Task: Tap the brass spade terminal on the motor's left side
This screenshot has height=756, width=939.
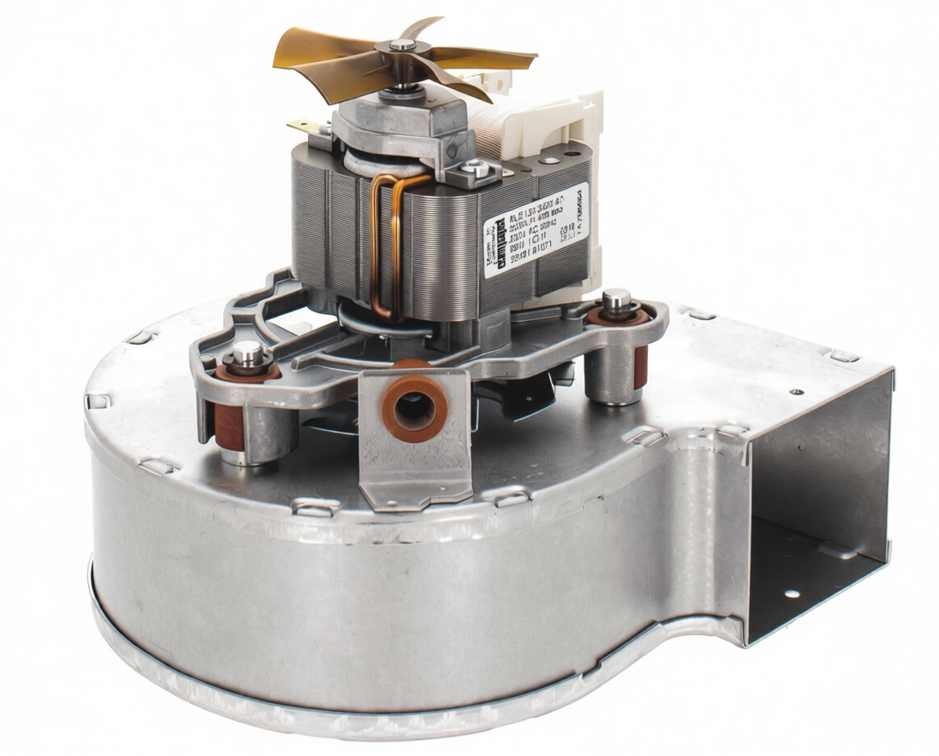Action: coord(299,126)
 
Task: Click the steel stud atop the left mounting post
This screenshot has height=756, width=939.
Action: coord(247,353)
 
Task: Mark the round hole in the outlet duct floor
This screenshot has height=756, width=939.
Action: coord(791,593)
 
